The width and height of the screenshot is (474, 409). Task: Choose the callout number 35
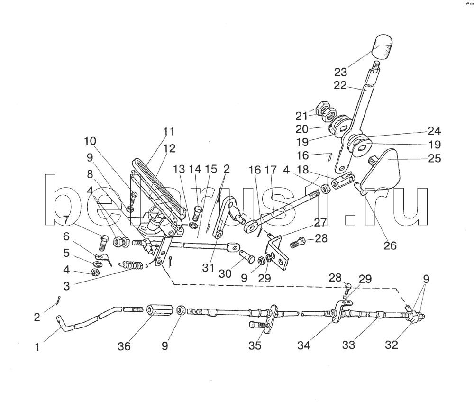coord(255,346)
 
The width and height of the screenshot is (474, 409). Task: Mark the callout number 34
coord(304,346)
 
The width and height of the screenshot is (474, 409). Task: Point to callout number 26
coord(390,245)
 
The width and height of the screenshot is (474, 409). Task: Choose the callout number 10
coord(90,141)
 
